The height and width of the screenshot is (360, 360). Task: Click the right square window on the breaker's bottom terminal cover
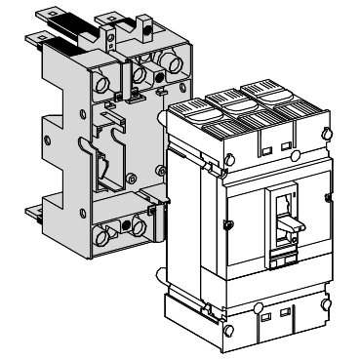(283, 315)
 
